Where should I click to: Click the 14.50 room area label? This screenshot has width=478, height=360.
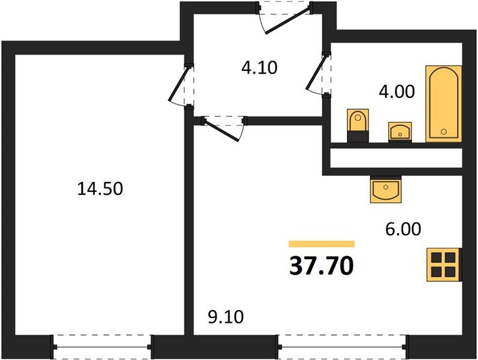tap(100, 189)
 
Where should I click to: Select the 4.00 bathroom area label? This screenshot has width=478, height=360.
tap(396, 92)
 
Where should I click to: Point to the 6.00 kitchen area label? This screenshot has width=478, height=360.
tap(403, 229)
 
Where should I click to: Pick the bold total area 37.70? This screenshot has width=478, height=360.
tap(321, 265)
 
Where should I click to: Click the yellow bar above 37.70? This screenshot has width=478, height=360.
tap(321, 244)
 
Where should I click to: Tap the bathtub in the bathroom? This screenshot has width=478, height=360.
tap(443, 103)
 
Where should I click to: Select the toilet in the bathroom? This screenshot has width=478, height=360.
tap(357, 125)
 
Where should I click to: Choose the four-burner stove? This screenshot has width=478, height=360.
tap(443, 264)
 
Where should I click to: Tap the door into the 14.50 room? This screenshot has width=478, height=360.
tap(180, 86)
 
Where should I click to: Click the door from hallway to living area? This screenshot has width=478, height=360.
tap(224, 128)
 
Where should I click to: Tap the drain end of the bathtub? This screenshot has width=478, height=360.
tap(443, 131)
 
